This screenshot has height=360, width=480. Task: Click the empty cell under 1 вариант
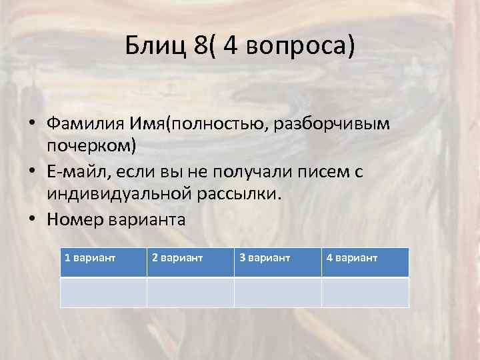(x=103, y=292)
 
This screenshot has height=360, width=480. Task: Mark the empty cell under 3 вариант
(x=277, y=292)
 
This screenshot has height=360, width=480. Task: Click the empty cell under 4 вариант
(x=365, y=292)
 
